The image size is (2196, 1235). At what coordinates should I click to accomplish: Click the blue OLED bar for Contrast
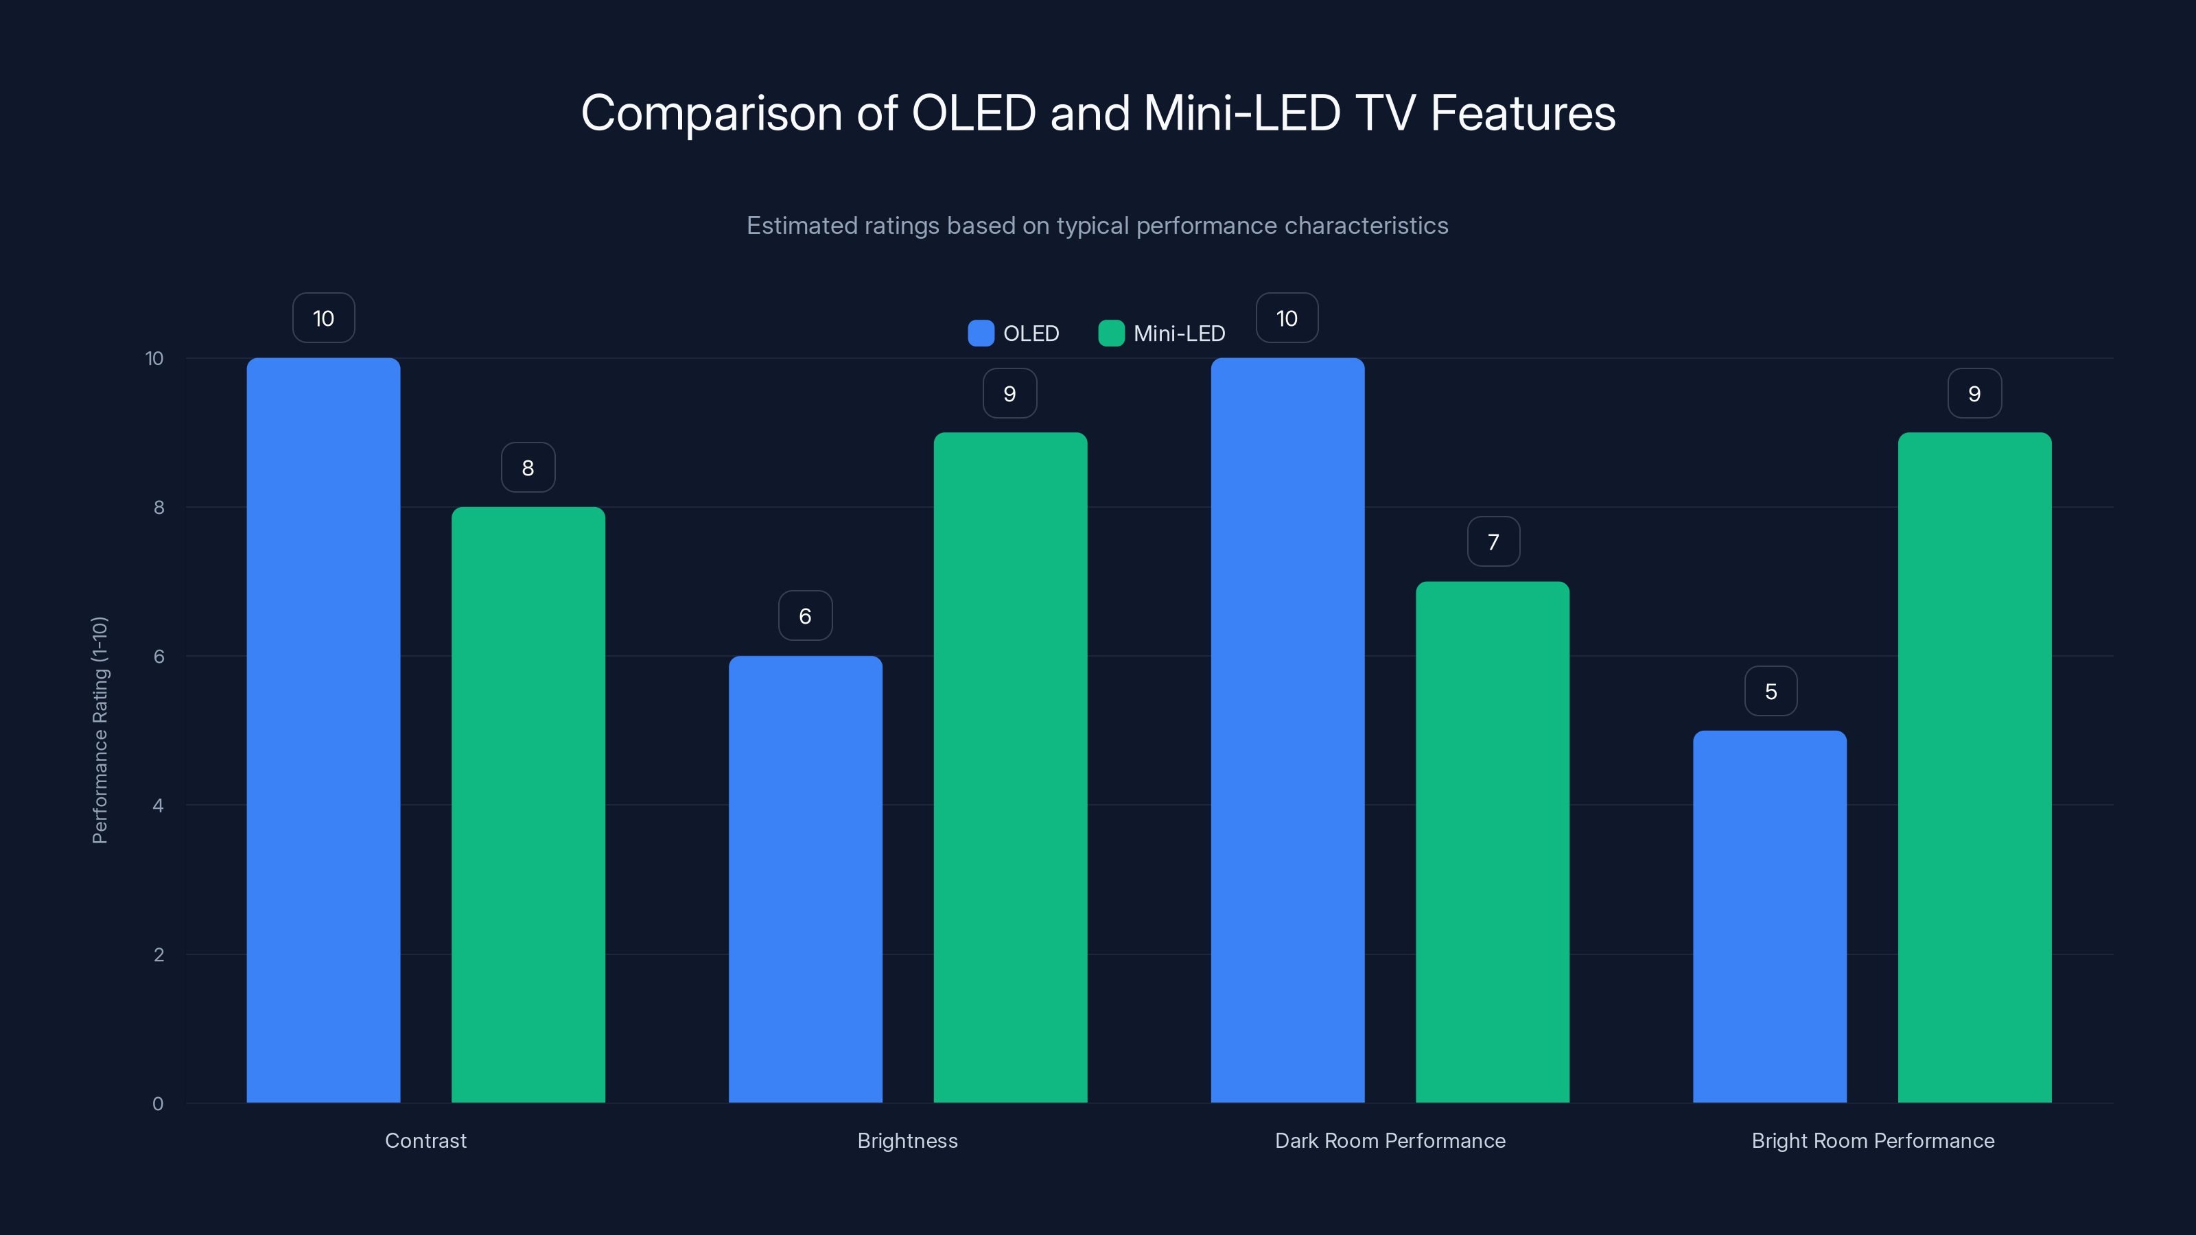tap(323, 729)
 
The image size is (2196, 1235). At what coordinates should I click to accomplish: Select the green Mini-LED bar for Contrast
tap(528, 805)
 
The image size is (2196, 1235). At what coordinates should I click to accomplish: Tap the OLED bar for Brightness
tap(805, 879)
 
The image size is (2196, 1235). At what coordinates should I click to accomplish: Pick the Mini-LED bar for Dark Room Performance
tap(1492, 841)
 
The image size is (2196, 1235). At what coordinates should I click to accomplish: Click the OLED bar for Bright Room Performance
tap(1769, 916)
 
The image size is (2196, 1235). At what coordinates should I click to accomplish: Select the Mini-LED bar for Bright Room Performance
tap(1974, 767)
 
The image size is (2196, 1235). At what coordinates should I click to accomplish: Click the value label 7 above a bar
tap(1493, 542)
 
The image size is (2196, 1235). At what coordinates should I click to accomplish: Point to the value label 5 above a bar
tap(1771, 691)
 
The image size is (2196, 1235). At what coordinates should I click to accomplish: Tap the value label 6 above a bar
tap(805, 616)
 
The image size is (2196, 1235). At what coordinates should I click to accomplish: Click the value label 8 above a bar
tap(528, 468)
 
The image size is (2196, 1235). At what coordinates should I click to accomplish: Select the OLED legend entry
tap(1014, 333)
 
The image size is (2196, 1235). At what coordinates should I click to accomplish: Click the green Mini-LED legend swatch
tap(1111, 333)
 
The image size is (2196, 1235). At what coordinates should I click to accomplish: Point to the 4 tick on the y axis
tap(159, 805)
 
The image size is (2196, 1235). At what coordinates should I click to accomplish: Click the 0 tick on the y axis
tap(159, 1104)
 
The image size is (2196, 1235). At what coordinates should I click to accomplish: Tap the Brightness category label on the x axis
tap(907, 1140)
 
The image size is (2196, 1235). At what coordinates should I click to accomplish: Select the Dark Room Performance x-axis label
tap(1390, 1140)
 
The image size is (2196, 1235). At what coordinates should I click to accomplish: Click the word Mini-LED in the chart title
tap(1241, 113)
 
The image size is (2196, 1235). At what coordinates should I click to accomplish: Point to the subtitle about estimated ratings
tap(1097, 226)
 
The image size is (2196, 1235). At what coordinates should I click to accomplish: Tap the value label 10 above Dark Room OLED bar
tap(1287, 319)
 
